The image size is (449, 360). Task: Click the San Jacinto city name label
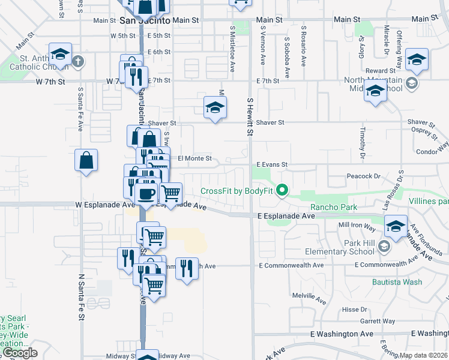coord(145,20)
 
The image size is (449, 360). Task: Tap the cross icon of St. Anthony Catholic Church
coord(78,61)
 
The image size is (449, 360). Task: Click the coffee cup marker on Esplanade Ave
coord(146,194)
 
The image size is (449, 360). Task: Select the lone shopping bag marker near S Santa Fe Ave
coord(86,161)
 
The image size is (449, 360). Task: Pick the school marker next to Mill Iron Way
coord(396,226)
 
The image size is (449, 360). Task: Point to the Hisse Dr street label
coord(354,310)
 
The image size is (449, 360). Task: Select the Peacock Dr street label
coord(364,176)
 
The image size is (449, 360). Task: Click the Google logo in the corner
coord(20,353)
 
